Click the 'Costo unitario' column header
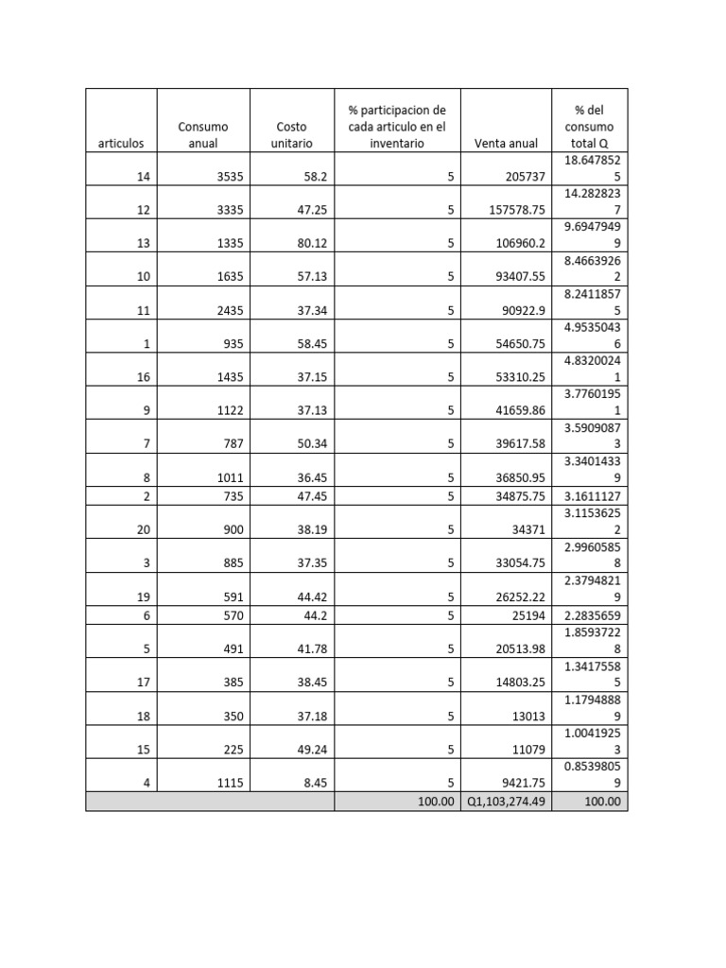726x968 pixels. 291,134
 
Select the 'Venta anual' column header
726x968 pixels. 506,144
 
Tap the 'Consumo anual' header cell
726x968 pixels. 203,134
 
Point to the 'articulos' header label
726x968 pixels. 121,144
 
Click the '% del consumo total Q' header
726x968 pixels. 589,126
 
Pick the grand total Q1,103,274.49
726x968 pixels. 506,802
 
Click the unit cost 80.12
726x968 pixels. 312,243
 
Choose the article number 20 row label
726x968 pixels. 143,530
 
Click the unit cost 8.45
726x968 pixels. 314,782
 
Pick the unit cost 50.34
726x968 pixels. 312,443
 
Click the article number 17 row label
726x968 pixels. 143,683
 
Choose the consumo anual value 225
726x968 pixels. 232,750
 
